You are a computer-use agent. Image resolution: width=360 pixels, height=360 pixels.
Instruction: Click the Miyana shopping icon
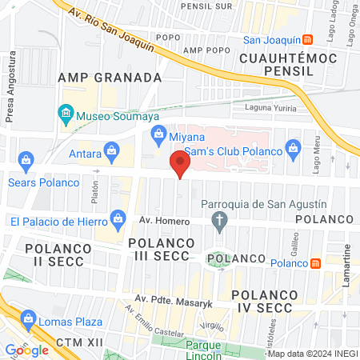[158, 133]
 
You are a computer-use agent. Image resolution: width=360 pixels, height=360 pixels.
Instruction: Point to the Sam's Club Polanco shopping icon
[294, 148]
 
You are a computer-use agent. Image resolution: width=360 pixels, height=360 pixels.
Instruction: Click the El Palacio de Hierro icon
[119, 217]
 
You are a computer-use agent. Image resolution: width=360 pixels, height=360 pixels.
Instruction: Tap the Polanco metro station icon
[316, 262]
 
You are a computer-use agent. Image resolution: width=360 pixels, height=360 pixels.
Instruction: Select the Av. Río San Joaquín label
[110, 30]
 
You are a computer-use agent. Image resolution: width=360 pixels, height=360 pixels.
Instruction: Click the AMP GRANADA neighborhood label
[110, 78]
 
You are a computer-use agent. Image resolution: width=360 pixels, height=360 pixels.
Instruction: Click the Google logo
[26, 350]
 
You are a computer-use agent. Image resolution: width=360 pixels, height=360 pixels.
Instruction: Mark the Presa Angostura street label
[10, 87]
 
